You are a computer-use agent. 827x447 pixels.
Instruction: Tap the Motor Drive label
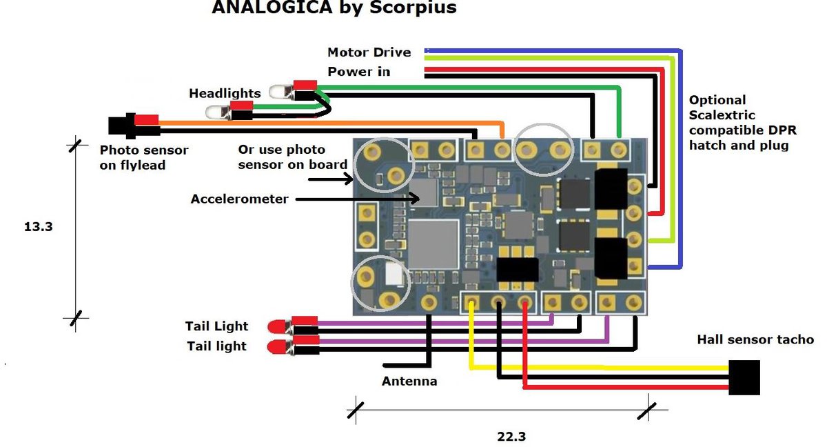coord(369,52)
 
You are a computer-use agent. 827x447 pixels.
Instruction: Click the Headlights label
coord(225,93)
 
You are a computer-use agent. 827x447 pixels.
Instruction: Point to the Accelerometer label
coord(239,199)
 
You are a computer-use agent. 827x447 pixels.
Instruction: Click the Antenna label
coord(409,381)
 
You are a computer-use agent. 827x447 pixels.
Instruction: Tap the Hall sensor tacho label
coord(755,339)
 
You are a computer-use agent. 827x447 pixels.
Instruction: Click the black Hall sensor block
coord(744,377)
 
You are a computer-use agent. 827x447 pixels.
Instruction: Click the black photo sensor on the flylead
coord(121,126)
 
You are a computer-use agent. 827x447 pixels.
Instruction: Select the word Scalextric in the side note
coord(722,115)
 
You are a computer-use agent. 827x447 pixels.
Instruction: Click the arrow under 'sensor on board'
coord(330,179)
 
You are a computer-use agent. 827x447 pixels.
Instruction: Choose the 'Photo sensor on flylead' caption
coord(143,157)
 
